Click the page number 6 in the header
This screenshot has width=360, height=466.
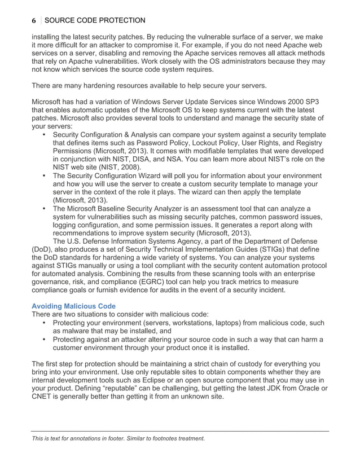click(34, 21)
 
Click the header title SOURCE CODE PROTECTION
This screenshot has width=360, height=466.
click(94, 21)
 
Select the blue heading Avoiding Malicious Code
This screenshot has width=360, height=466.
click(74, 306)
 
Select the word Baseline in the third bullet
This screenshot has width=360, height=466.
click(124, 209)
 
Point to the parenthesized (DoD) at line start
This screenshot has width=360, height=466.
click(43, 250)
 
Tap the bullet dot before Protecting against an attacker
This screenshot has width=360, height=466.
click(45, 339)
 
